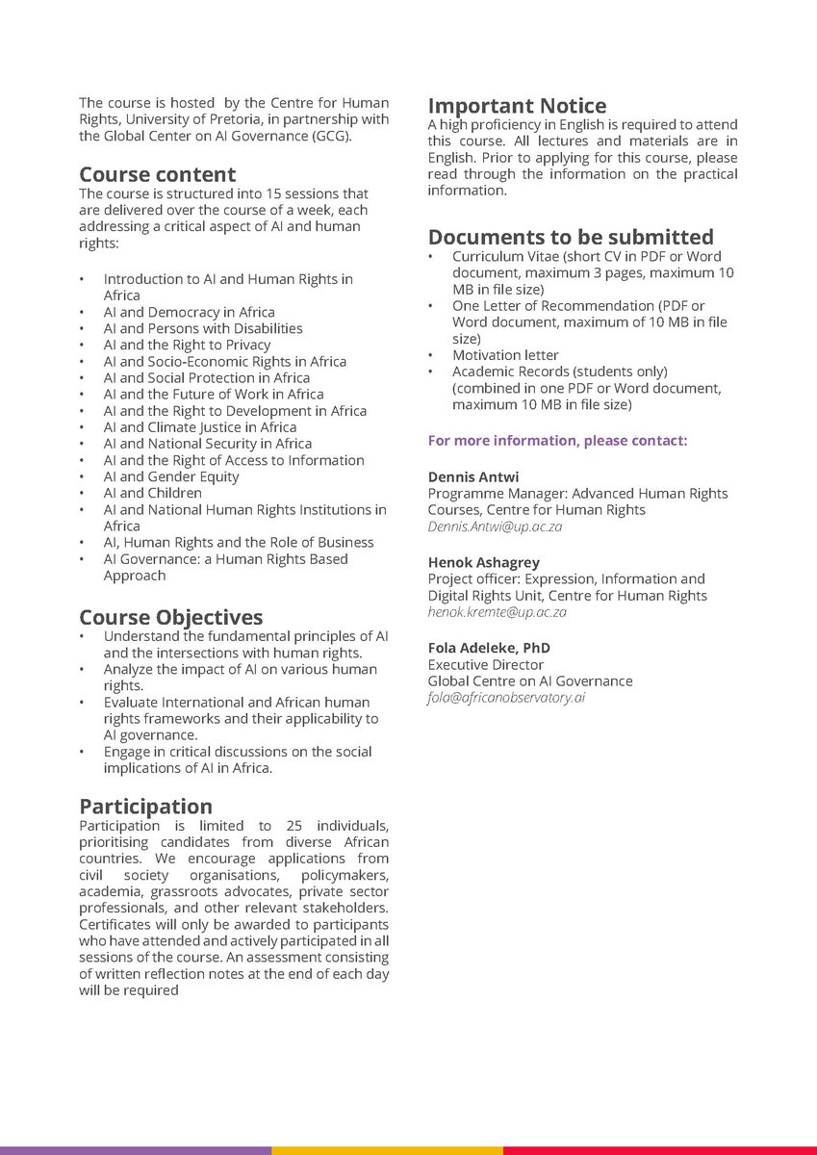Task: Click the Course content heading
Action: click(x=157, y=174)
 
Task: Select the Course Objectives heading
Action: click(x=170, y=617)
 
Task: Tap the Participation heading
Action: click(x=145, y=806)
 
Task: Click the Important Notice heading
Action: click(x=517, y=106)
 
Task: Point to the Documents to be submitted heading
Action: click(x=571, y=237)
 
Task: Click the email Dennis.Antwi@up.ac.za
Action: click(x=495, y=527)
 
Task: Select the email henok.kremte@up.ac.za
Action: click(x=497, y=612)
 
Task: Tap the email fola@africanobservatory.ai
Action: click(x=506, y=698)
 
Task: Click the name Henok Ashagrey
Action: click(x=483, y=562)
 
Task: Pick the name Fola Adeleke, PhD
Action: click(x=489, y=648)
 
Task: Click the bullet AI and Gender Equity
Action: click(x=171, y=476)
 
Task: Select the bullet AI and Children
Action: click(x=152, y=493)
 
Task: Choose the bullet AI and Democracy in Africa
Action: click(x=189, y=312)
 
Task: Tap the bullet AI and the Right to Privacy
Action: click(x=187, y=345)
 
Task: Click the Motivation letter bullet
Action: click(x=505, y=355)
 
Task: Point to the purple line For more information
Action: click(x=557, y=441)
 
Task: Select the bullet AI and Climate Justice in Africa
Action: click(x=199, y=427)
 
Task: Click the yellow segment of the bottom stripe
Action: click(x=387, y=1150)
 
